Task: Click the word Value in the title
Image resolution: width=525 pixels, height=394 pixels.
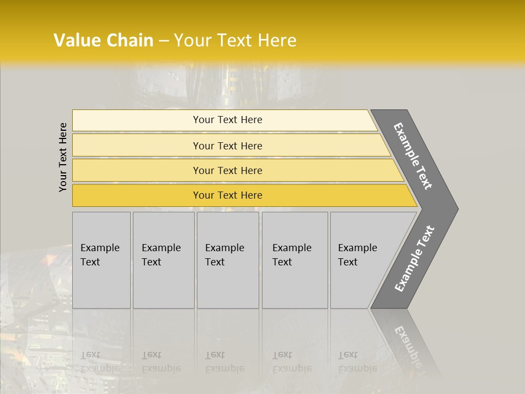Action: click(x=75, y=40)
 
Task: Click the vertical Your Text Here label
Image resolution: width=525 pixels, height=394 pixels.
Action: click(x=63, y=157)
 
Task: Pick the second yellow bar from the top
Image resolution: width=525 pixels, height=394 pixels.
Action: click(x=227, y=146)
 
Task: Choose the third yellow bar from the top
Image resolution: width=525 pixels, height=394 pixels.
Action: click(x=227, y=170)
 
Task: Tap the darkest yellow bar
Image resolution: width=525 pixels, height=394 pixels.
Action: click(x=227, y=195)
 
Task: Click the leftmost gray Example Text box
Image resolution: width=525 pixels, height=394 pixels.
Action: click(x=101, y=260)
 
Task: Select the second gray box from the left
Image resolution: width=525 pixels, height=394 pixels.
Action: click(x=164, y=260)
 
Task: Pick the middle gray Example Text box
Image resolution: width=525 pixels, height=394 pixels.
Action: click(x=227, y=260)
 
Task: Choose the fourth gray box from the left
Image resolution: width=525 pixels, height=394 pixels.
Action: click(x=295, y=260)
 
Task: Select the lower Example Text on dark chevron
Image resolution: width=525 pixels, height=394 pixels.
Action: click(x=415, y=259)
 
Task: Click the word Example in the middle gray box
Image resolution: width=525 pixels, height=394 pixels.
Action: click(x=224, y=248)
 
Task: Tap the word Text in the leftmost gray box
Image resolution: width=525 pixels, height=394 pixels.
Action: click(x=90, y=262)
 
